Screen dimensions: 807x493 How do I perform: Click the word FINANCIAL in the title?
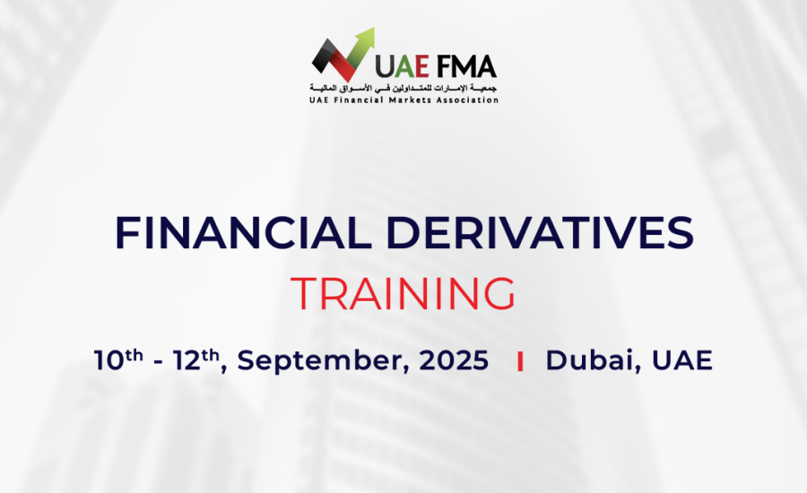(243, 232)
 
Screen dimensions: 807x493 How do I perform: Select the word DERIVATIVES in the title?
(540, 232)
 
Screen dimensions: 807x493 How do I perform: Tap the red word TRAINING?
(403, 293)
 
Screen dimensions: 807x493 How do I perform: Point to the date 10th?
(118, 359)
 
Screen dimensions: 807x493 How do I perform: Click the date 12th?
(196, 359)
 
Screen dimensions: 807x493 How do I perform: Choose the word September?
(323, 360)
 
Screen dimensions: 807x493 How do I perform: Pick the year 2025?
(454, 359)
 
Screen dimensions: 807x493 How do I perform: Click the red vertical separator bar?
(520, 360)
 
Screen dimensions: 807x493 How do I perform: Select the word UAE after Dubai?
(682, 359)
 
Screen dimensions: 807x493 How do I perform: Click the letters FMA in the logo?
(467, 65)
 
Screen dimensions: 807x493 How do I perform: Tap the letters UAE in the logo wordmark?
(402, 65)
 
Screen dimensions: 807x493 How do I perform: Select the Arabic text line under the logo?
(403, 88)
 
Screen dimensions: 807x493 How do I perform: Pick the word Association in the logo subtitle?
(467, 99)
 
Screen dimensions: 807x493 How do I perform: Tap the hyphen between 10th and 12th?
(158, 362)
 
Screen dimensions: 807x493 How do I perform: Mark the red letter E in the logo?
(422, 65)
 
